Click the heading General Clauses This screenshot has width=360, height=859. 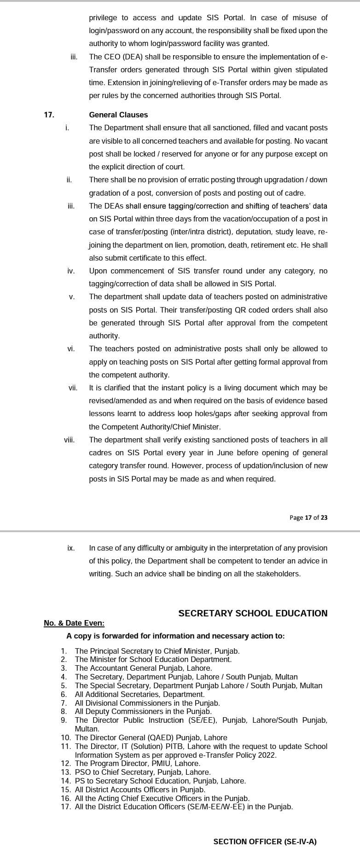[x=118, y=115]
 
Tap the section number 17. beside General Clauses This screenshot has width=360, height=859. [x=49, y=115]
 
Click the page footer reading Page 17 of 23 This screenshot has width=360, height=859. [x=308, y=517]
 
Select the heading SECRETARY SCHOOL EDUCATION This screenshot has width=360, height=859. [x=253, y=613]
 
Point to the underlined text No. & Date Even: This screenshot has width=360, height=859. [x=74, y=623]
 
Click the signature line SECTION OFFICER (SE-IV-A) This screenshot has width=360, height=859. [x=265, y=842]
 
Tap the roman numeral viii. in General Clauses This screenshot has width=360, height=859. [x=69, y=440]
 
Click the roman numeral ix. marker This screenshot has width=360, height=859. [x=70, y=548]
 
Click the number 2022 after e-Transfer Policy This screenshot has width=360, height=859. [x=266, y=755]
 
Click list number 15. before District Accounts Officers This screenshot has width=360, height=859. [x=66, y=789]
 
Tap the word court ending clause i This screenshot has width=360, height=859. [x=174, y=167]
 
